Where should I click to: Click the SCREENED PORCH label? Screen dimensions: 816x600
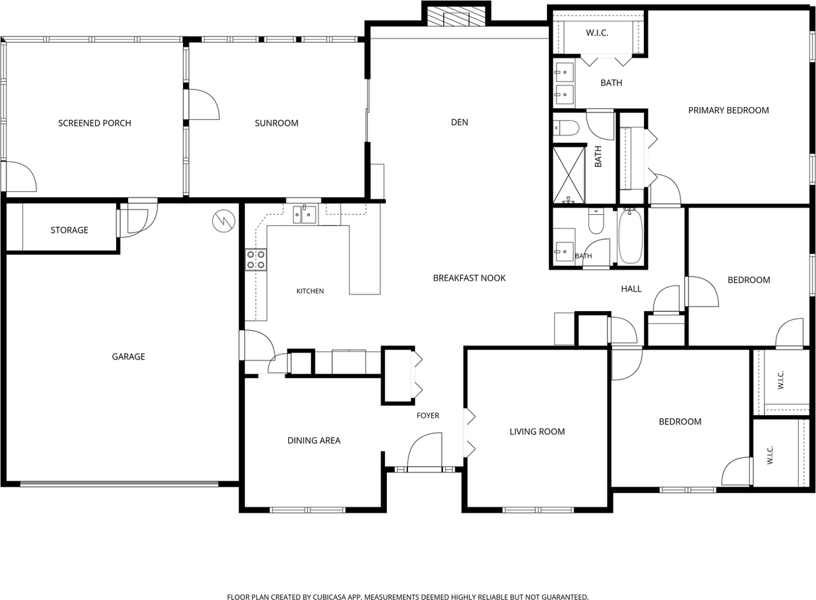click(x=95, y=123)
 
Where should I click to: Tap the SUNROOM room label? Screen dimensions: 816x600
click(x=277, y=123)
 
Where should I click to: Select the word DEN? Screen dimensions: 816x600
click(x=460, y=122)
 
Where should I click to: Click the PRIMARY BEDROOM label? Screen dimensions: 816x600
click(x=729, y=110)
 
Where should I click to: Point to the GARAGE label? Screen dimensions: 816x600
click(x=128, y=356)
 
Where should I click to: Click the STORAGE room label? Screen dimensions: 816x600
click(x=69, y=230)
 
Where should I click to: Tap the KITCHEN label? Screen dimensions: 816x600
click(x=310, y=291)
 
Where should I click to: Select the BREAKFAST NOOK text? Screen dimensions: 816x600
click(x=469, y=278)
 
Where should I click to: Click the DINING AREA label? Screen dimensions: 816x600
click(x=314, y=441)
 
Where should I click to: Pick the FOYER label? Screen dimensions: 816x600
click(x=428, y=415)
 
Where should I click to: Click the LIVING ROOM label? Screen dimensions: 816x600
click(x=537, y=432)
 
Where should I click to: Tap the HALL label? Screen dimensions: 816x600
click(x=631, y=289)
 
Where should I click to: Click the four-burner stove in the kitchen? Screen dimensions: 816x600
click(x=256, y=260)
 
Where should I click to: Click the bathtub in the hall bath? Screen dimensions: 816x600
click(x=630, y=237)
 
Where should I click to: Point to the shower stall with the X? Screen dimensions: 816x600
click(x=569, y=175)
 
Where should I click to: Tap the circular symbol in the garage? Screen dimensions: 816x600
click(x=224, y=221)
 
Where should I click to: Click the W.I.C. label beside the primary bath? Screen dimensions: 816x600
click(x=597, y=33)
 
